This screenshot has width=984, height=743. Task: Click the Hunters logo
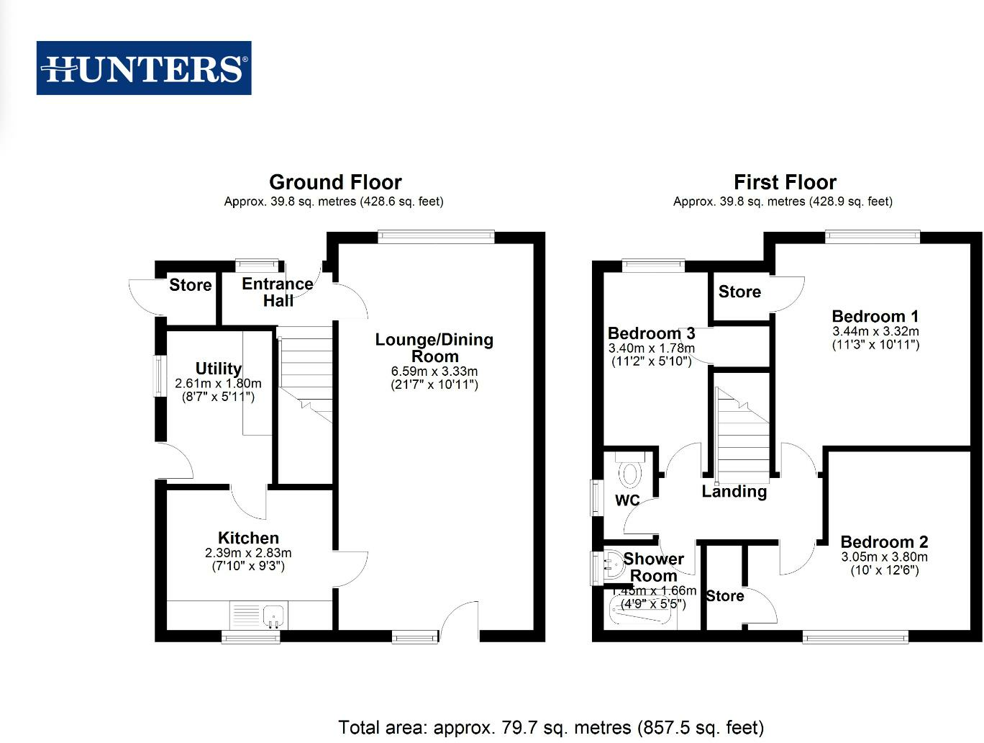[x=144, y=68]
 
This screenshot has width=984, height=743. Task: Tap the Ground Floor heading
[x=335, y=182]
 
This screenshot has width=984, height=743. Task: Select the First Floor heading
[x=785, y=182]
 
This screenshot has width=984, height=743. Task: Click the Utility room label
[x=219, y=369]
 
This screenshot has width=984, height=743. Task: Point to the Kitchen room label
[x=248, y=538]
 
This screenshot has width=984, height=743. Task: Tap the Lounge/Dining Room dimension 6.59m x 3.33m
[x=434, y=371]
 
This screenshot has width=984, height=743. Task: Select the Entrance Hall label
[x=278, y=292]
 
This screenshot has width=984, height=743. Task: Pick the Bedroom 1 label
[x=875, y=316]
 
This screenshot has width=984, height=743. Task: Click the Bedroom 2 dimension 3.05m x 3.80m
[x=884, y=557]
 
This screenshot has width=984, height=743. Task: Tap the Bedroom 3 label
[x=651, y=333]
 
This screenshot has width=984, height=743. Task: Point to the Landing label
[x=734, y=492]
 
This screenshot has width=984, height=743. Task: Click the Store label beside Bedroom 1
[x=739, y=292]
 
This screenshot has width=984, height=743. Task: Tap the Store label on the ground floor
[x=191, y=285]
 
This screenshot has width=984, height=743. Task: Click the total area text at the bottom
[x=551, y=728]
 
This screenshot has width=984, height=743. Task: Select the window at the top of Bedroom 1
[x=873, y=235]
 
